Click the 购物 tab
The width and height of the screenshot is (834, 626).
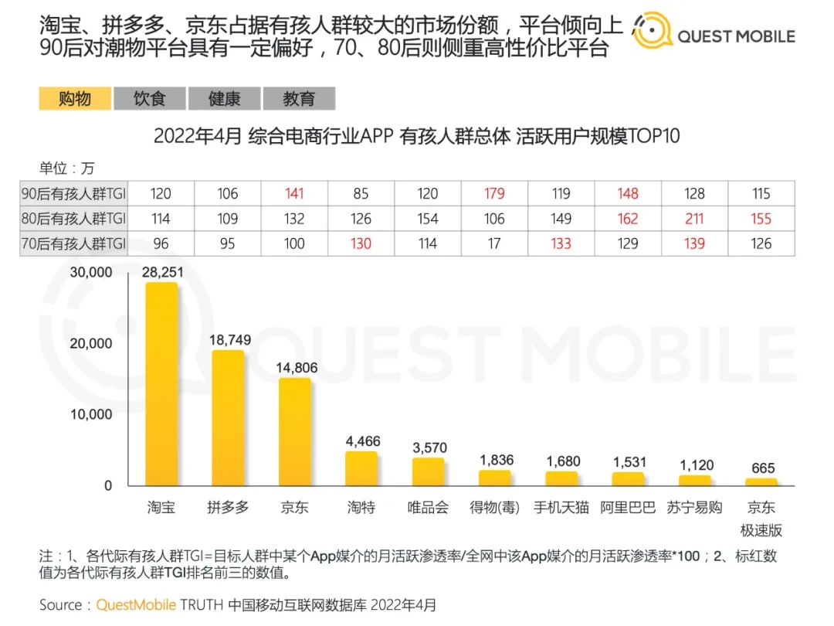75,99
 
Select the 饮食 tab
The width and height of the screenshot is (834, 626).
150,99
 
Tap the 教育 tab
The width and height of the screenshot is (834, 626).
299,99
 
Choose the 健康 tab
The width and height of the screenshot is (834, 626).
225,99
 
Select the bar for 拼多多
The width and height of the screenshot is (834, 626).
228,418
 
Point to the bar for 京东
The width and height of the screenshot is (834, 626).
294,432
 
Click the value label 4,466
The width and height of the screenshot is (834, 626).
361,441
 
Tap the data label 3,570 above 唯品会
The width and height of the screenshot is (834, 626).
428,447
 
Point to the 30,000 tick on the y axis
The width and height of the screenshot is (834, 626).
91,272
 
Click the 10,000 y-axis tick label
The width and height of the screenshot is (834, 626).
91,414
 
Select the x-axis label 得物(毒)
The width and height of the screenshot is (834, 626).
494,508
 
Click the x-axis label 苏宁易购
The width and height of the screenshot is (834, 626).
694,508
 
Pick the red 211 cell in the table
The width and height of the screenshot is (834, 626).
694,219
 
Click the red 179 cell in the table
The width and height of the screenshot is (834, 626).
494,193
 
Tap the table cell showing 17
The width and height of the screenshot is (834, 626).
494,243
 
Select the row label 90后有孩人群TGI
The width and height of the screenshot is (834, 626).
73,193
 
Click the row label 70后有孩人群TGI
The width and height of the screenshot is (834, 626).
73,243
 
